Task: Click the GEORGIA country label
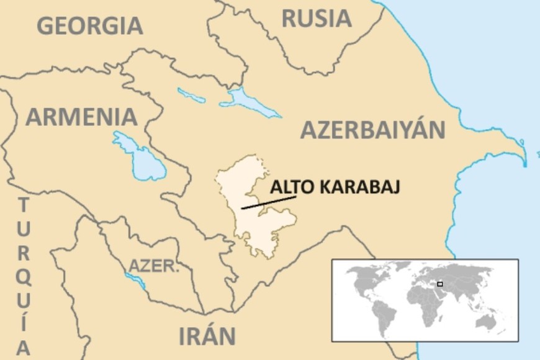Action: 90,25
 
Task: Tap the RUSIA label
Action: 317,18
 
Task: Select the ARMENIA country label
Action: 81,117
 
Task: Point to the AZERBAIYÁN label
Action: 373,130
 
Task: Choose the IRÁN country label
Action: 207,336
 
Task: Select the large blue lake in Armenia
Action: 140,155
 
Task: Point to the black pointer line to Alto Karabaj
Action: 268,202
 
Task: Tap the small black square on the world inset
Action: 439,284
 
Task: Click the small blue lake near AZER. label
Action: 136,282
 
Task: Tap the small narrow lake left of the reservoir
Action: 191,95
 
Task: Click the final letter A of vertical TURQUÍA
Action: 22,349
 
